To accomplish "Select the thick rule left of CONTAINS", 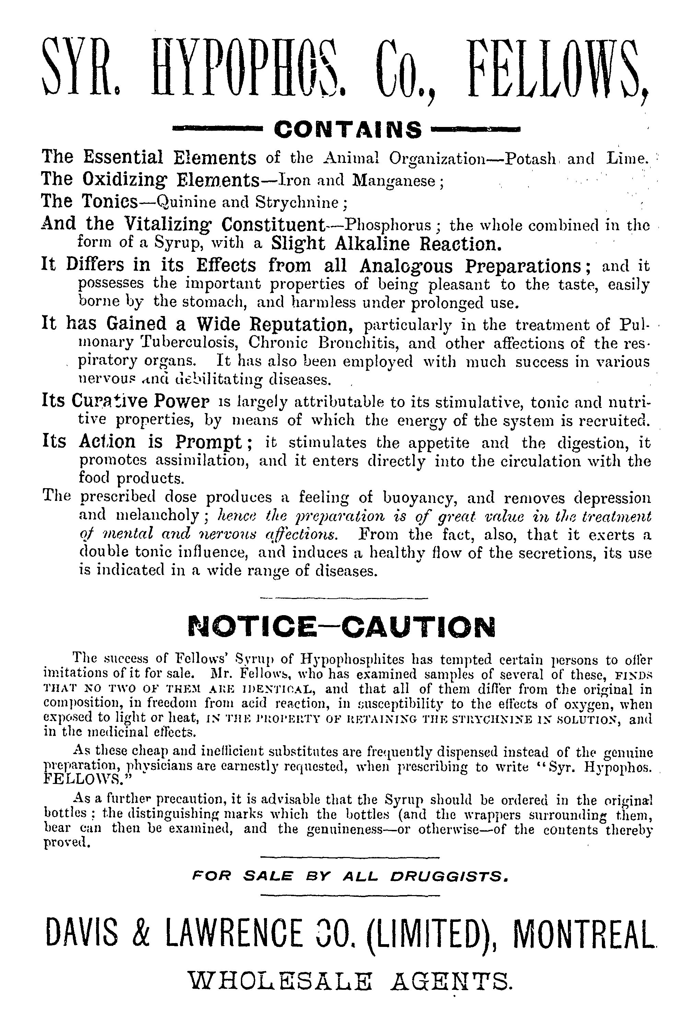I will pyautogui.click(x=216, y=129).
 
